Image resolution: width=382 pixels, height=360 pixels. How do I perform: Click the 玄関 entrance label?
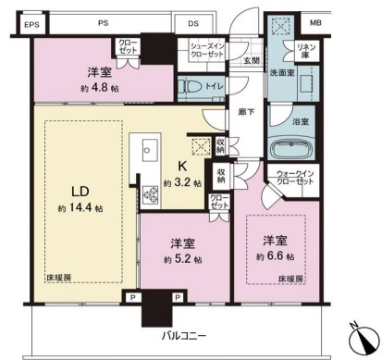click(251, 61)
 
